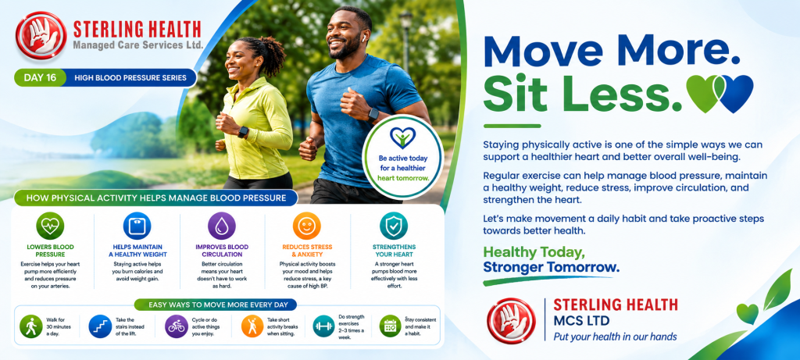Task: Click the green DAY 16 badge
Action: click(x=41, y=78)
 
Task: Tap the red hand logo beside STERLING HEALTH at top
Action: click(x=41, y=36)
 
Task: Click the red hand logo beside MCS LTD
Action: click(x=511, y=321)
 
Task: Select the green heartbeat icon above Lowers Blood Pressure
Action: click(x=50, y=226)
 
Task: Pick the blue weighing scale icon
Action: click(x=137, y=226)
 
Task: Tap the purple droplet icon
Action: click(x=222, y=226)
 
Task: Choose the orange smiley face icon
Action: click(x=306, y=226)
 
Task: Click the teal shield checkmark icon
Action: click(x=394, y=226)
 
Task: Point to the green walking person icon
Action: click(x=31, y=326)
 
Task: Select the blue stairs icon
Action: click(x=100, y=326)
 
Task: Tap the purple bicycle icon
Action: click(x=177, y=326)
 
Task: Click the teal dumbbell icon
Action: click(x=323, y=326)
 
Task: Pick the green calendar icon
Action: click(x=391, y=326)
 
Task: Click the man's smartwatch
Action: click(x=374, y=114)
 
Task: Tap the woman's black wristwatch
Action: click(x=244, y=133)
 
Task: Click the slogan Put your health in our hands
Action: click(x=616, y=337)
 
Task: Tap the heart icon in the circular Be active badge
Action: click(x=402, y=137)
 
